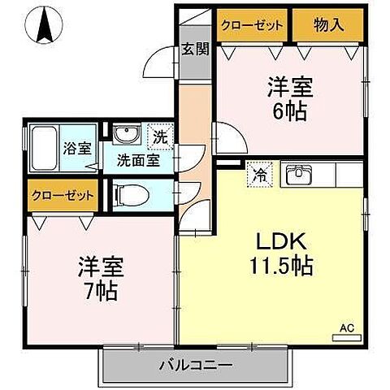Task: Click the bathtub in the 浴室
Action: click(x=45, y=147)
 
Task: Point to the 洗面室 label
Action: click(x=136, y=160)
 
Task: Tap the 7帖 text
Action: click(x=100, y=289)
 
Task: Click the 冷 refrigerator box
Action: click(x=260, y=173)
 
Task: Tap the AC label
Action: click(x=346, y=327)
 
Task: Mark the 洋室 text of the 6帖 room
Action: click(x=289, y=87)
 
